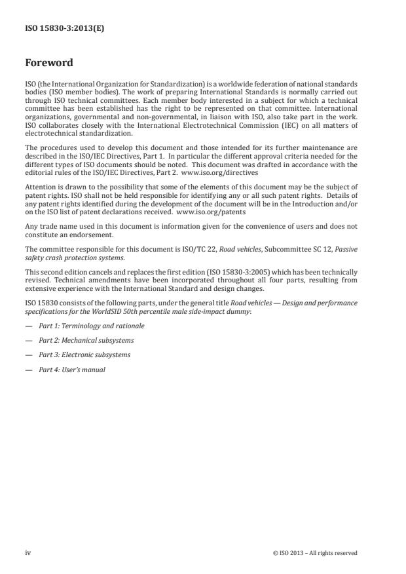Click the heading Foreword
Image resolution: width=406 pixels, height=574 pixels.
pyautogui.click(x=48, y=64)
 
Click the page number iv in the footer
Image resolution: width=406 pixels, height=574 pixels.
pyautogui.click(x=28, y=553)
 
